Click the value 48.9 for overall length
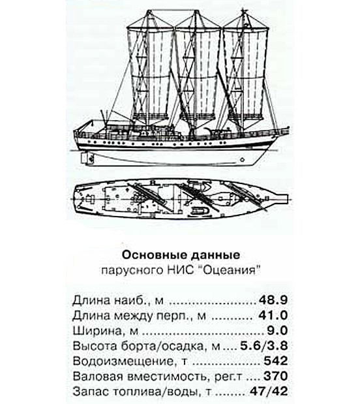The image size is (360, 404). [x=273, y=300]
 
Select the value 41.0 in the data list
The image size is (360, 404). [x=273, y=315]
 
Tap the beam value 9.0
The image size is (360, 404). [x=277, y=330]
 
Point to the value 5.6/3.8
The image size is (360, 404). [x=264, y=345]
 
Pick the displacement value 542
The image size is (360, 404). [x=275, y=361]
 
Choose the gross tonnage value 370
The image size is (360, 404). [x=275, y=376]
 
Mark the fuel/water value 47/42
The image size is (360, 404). [x=269, y=391]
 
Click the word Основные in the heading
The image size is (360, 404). [x=154, y=255]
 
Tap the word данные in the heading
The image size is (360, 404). [x=215, y=255]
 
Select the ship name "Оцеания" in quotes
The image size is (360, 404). [x=229, y=270]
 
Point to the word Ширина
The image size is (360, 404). [x=97, y=330]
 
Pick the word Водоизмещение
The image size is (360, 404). [x=123, y=361]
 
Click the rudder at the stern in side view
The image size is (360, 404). [x=85, y=158]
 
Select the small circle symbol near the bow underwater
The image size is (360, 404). [x=243, y=160]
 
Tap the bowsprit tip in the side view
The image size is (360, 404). [x=288, y=128]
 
